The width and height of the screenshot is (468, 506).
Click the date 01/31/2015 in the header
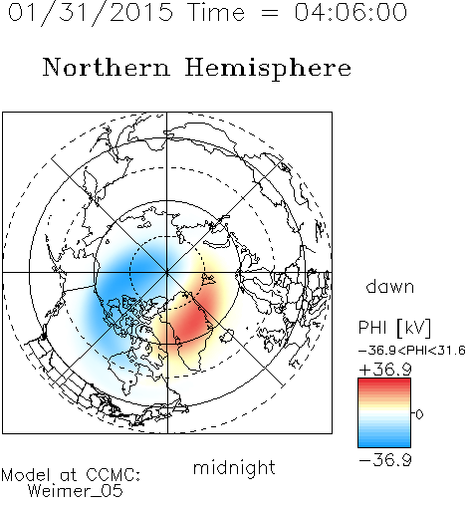point(91,13)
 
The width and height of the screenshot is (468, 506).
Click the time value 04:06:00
point(351,12)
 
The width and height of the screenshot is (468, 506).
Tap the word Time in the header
point(216,12)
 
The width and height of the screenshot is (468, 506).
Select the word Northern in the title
point(107,68)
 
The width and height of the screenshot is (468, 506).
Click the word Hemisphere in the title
point(268,69)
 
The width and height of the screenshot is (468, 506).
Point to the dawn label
point(390,286)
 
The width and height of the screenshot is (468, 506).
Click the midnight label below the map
point(234,468)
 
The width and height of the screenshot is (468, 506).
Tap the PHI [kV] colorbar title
point(394,328)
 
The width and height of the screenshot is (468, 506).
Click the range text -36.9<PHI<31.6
point(411,351)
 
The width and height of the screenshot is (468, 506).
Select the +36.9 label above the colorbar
point(385,370)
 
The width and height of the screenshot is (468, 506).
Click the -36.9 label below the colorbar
point(385,460)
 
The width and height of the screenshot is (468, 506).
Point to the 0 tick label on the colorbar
point(419,414)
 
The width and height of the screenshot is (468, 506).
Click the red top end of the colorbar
point(384,380)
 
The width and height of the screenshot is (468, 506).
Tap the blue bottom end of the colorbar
point(384,444)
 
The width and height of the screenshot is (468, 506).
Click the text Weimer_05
point(76,491)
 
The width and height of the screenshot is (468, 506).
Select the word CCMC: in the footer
point(113,475)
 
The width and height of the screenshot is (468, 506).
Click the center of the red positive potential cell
point(192,321)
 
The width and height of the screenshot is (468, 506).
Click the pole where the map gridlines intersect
point(167,272)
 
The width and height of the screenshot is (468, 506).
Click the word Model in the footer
point(26,475)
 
